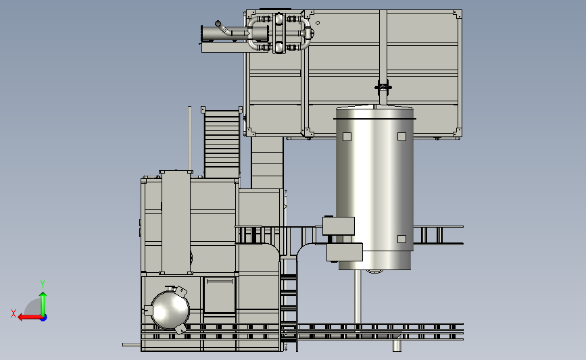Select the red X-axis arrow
(30, 317)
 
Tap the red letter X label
(14, 313)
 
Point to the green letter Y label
(43, 284)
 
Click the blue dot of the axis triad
(44, 318)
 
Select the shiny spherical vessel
(170, 310)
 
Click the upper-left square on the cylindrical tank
(347, 136)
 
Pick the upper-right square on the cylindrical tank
(401, 136)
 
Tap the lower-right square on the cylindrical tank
(401, 239)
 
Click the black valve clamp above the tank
(383, 87)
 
